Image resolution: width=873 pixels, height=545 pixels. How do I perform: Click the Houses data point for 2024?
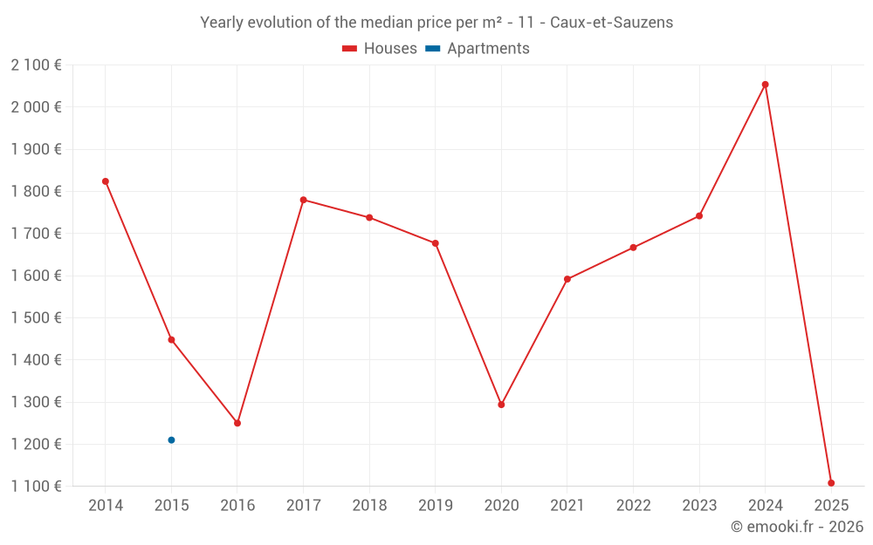(x=765, y=85)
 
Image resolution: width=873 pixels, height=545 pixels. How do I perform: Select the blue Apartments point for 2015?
(x=171, y=440)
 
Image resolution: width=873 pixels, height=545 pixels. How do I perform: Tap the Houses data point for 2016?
(x=237, y=423)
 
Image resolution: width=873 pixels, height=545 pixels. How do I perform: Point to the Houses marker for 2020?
(x=501, y=405)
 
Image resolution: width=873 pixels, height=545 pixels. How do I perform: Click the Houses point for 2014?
(x=106, y=181)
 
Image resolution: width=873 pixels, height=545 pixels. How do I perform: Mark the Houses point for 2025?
(x=831, y=483)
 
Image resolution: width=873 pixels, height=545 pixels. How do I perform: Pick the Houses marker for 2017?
(x=303, y=200)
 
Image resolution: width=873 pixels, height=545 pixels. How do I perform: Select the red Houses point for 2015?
(x=171, y=340)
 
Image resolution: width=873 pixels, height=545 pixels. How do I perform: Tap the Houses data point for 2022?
(x=633, y=248)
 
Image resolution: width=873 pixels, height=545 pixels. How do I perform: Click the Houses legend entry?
(x=380, y=49)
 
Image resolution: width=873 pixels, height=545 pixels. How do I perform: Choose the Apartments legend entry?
(x=478, y=49)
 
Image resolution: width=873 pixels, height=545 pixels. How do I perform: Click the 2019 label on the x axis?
(x=435, y=505)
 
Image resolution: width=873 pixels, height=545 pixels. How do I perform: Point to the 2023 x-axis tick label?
(x=698, y=505)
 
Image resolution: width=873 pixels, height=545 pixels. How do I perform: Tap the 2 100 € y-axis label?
(x=37, y=65)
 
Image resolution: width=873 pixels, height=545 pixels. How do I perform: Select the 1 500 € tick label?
(x=37, y=317)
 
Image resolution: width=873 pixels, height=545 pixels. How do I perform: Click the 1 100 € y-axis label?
(x=37, y=486)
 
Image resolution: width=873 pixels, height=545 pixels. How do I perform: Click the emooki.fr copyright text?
(x=797, y=527)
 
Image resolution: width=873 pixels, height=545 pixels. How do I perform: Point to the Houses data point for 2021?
(x=567, y=279)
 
